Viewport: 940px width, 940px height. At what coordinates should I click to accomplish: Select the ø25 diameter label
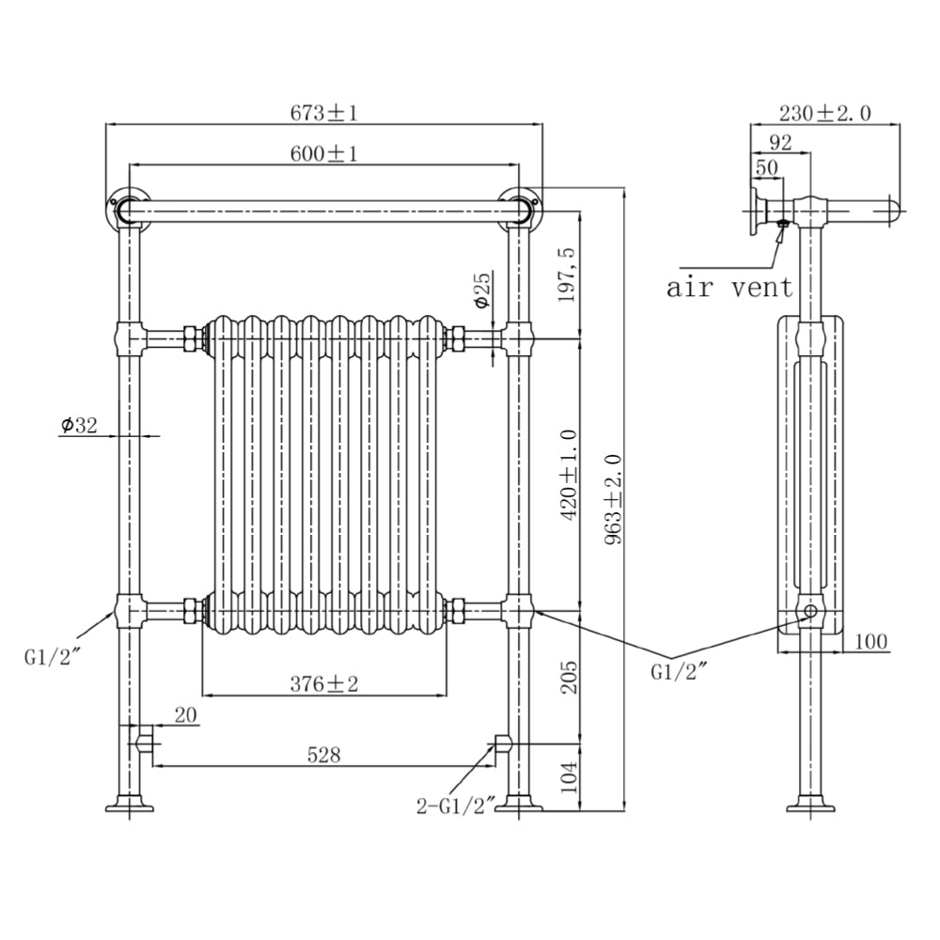click(x=482, y=291)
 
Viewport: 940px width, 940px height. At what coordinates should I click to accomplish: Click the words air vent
click(x=729, y=286)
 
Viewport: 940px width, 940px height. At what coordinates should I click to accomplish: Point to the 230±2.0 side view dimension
click(x=824, y=113)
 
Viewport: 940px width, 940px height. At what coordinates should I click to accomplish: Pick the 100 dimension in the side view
click(x=871, y=641)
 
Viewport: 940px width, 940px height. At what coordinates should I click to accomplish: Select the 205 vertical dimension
click(x=569, y=674)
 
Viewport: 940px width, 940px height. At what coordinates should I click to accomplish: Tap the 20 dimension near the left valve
click(x=185, y=716)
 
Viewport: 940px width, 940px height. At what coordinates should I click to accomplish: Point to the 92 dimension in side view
click(x=779, y=142)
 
